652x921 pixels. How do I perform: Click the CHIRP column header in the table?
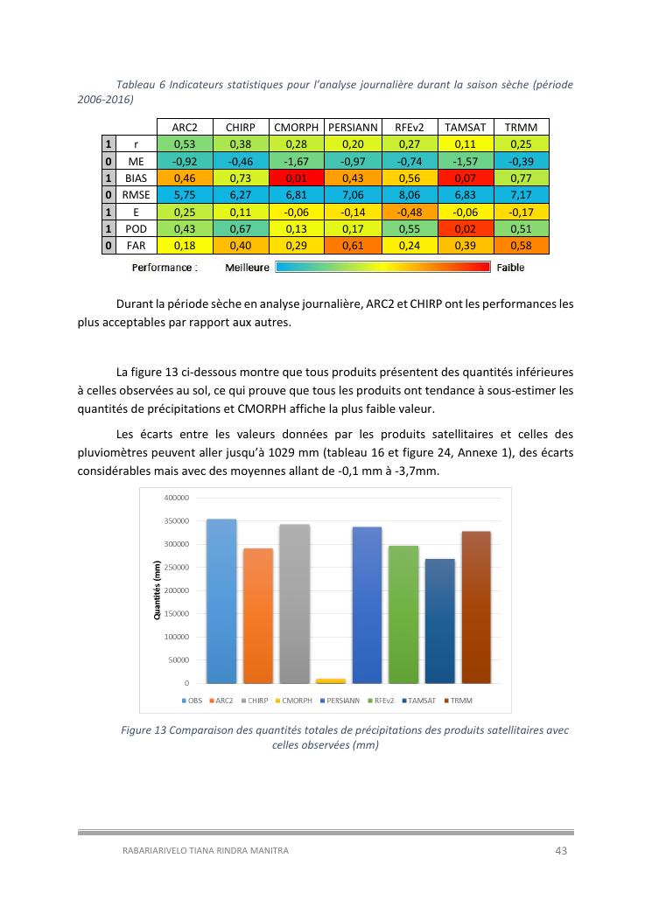[240, 128]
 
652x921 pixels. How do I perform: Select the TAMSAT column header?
[465, 128]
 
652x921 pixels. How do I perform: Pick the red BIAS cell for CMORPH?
[296, 178]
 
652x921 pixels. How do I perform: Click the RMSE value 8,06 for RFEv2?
[410, 194]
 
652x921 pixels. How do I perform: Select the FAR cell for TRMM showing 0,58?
[521, 245]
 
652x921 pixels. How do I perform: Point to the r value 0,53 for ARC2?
[184, 144]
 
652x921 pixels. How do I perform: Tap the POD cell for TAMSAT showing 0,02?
[465, 228]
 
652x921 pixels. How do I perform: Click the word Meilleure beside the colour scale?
[247, 268]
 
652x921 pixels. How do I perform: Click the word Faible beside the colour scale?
[510, 268]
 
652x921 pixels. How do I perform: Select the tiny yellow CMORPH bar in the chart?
[331, 680]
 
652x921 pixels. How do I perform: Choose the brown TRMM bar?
[476, 607]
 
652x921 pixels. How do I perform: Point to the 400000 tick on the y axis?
[177, 498]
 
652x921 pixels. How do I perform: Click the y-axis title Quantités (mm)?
[158, 590]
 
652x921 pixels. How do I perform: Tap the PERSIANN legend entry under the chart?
[342, 701]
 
